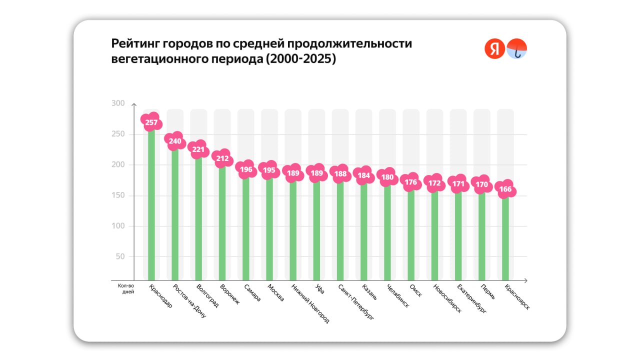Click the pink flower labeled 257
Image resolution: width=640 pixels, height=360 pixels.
click(x=151, y=122)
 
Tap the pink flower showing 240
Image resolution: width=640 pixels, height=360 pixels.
click(x=175, y=141)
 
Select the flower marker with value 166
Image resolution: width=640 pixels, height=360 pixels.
click(x=505, y=189)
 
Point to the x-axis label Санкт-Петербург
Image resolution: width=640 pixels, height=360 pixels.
click(x=356, y=302)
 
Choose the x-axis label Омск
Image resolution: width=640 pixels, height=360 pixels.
click(x=415, y=291)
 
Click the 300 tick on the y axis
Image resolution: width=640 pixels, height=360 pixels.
click(x=118, y=103)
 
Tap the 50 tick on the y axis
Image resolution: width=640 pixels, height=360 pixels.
click(x=120, y=257)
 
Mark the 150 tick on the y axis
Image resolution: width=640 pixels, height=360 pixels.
click(x=118, y=195)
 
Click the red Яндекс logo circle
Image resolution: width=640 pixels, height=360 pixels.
click(x=494, y=49)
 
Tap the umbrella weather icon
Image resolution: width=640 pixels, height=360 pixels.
click(x=517, y=49)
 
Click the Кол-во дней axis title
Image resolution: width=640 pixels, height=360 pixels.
click(x=126, y=289)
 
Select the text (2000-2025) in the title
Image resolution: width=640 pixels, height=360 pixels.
click(x=300, y=59)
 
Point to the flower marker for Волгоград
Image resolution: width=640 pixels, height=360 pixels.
click(x=198, y=149)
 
